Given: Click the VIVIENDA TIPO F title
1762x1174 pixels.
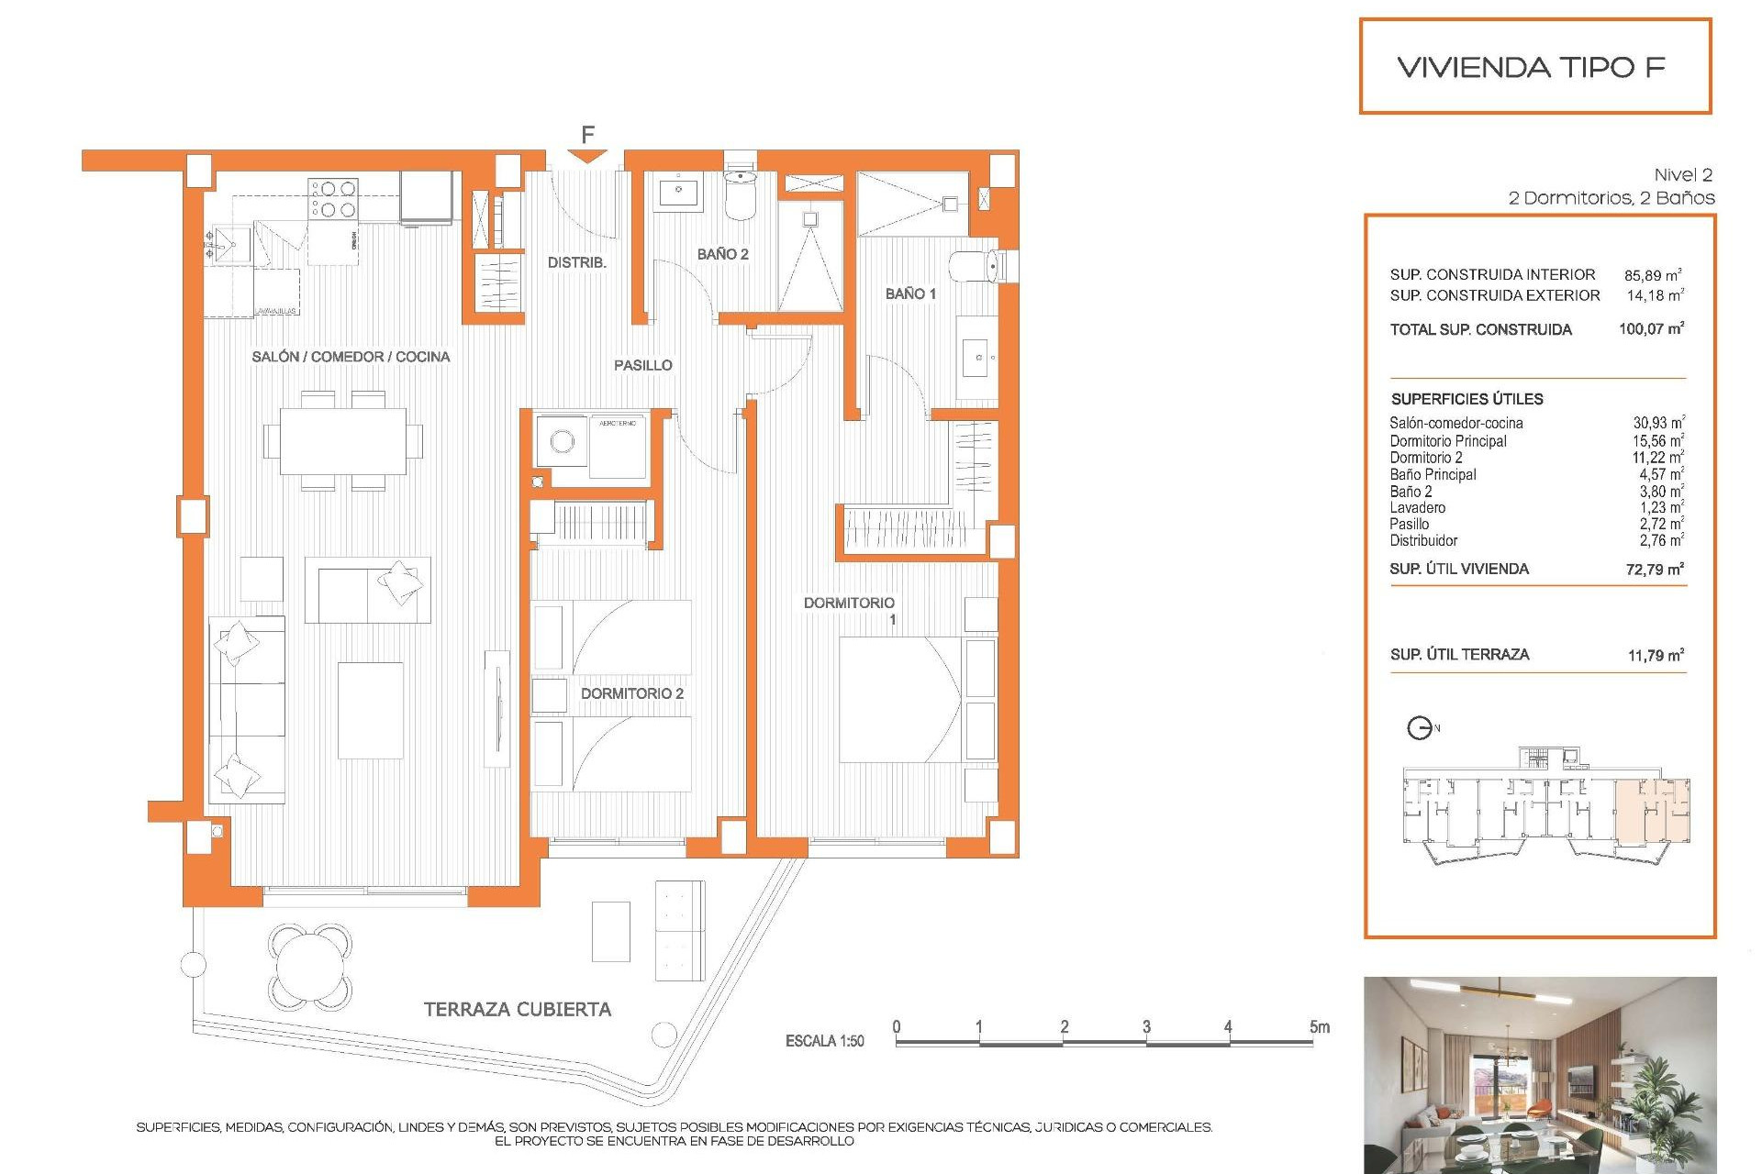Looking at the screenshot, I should pyautogui.click(x=1531, y=67).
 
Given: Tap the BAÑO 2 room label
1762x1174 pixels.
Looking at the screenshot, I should pyautogui.click(x=722, y=254).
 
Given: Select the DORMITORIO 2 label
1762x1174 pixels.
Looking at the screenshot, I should pyautogui.click(x=631, y=693).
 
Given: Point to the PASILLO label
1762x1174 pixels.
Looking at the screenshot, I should pyautogui.click(x=642, y=365).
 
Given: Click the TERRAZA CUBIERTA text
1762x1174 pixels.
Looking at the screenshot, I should pyautogui.click(x=517, y=1009).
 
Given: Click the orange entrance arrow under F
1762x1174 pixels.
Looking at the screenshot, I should pyautogui.click(x=586, y=157).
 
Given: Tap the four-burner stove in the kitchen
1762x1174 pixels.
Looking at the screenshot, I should pyautogui.click(x=333, y=198).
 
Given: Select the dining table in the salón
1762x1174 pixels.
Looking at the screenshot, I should pyautogui.click(x=343, y=441).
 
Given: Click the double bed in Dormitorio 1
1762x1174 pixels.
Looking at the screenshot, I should pyautogui.click(x=899, y=699).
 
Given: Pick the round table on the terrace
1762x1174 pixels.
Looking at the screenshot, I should pyautogui.click(x=310, y=965).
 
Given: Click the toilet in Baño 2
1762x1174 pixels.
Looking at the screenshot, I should pyautogui.click(x=740, y=194).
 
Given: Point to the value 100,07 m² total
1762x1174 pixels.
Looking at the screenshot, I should pyautogui.click(x=1651, y=328).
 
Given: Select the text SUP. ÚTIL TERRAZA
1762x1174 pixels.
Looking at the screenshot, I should pyautogui.click(x=1459, y=654).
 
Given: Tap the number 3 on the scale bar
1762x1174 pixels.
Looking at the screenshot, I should pyautogui.click(x=1146, y=1026).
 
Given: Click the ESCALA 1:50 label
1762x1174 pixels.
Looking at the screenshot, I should pyautogui.click(x=824, y=1041).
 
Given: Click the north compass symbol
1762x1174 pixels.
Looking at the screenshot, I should pyautogui.click(x=1420, y=728).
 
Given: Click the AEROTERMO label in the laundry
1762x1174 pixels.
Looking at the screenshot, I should pyautogui.click(x=617, y=423).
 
